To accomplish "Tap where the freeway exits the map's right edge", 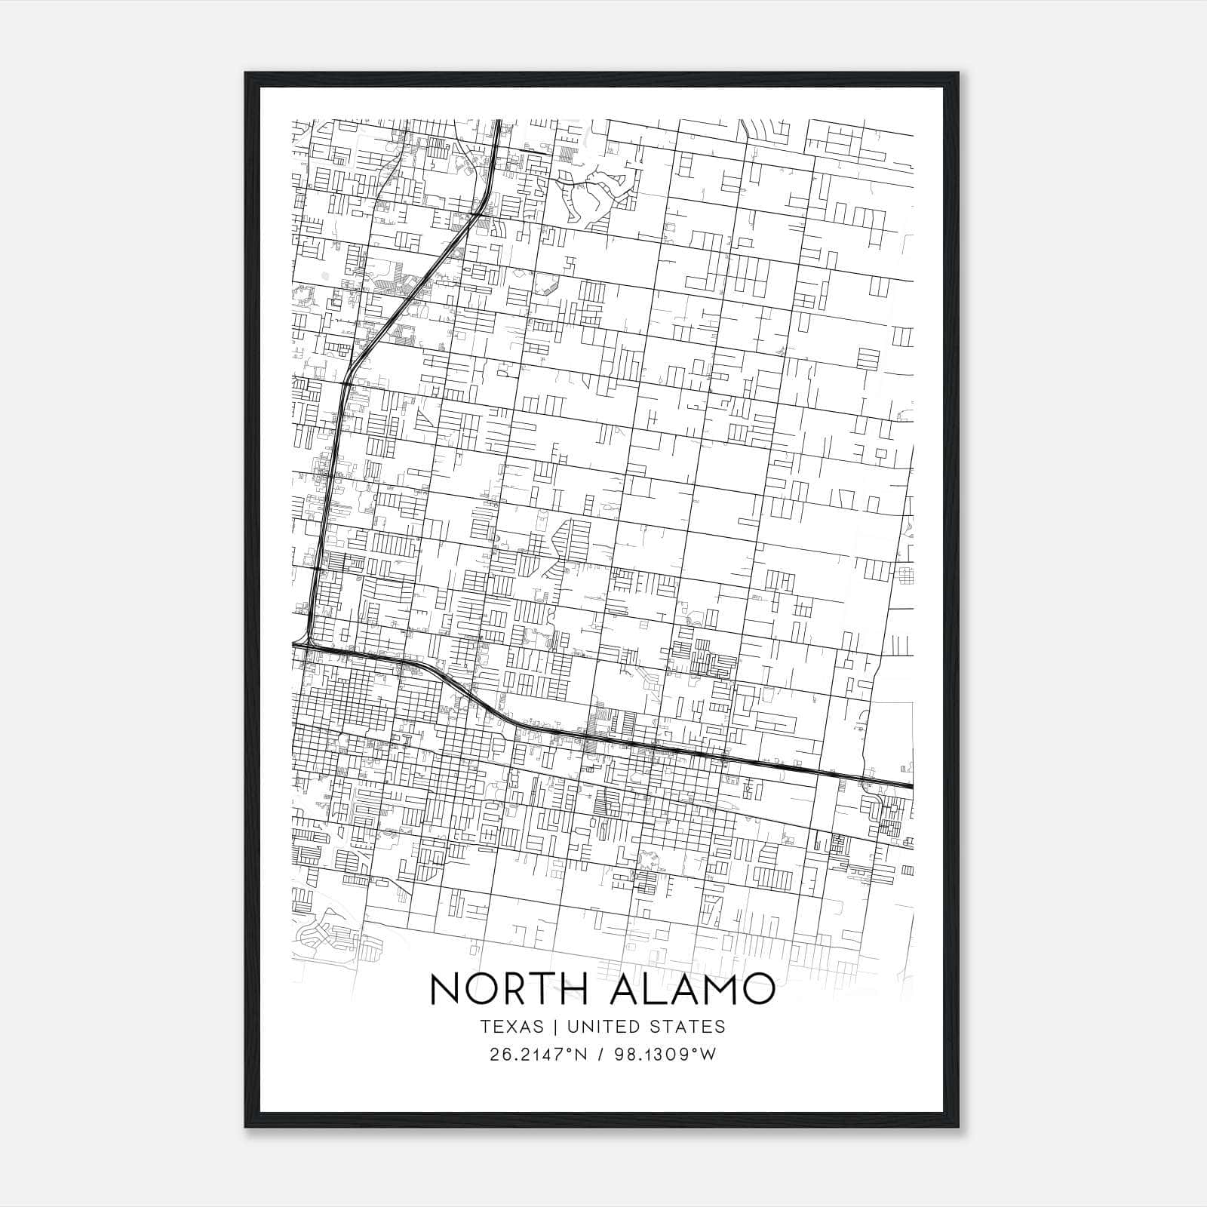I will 911,786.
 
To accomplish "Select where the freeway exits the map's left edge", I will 294,644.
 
